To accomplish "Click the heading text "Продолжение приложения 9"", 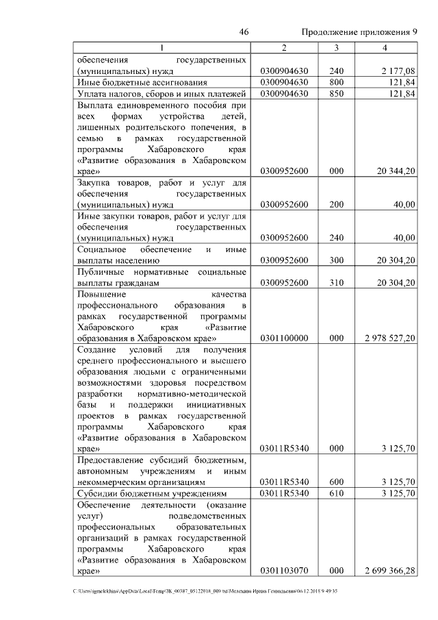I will (359, 32).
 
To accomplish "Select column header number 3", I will (336, 47).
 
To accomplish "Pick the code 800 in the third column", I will (336, 82).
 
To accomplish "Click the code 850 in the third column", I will (336, 94).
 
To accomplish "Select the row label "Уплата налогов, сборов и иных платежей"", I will (162, 94).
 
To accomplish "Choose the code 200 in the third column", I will (336, 204).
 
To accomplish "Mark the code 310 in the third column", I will (336, 282).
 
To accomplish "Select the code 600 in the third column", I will (336, 481).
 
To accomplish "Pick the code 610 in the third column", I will (336, 493).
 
